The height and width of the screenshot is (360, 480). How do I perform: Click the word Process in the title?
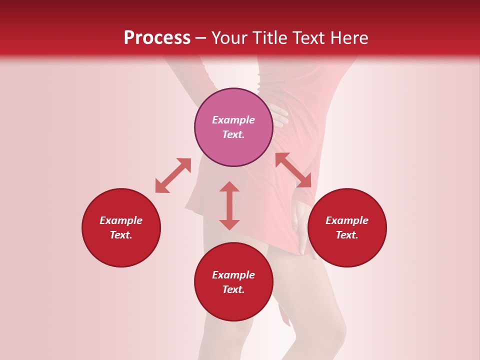click(157, 38)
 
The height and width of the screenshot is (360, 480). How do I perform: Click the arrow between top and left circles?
click(173, 175)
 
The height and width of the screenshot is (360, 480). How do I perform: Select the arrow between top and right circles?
click(293, 170)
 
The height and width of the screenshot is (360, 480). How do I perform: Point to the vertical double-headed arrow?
click(229, 205)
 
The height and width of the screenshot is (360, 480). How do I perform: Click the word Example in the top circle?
click(233, 120)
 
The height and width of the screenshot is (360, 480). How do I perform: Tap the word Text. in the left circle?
click(121, 235)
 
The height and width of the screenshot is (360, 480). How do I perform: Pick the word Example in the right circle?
click(347, 220)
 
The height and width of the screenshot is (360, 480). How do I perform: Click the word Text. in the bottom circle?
click(233, 289)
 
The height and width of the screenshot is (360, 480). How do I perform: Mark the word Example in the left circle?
click(121, 220)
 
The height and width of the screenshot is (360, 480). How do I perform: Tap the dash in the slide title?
click(200, 38)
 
